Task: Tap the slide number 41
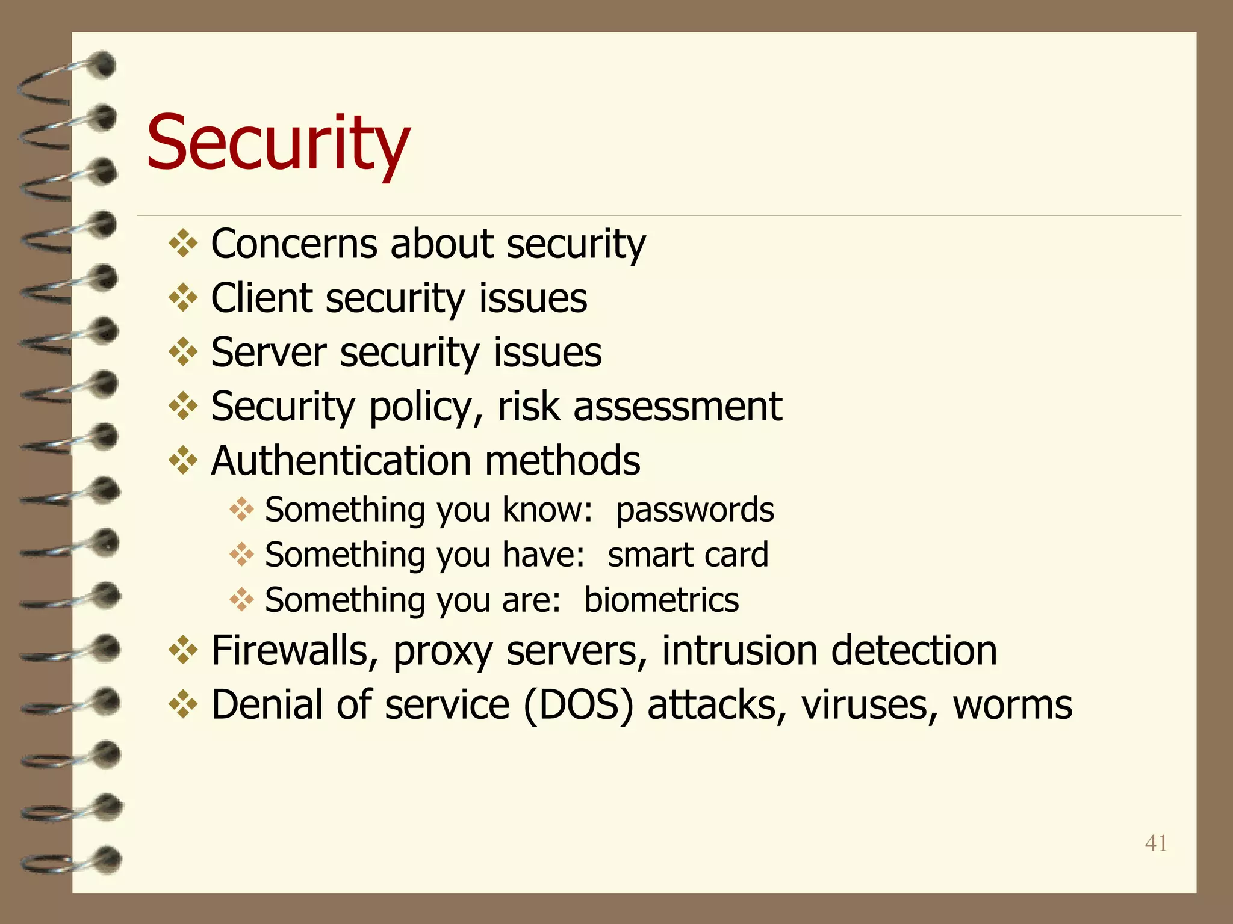point(1156,843)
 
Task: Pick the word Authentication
point(341,461)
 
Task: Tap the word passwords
point(694,510)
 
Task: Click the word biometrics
point(661,600)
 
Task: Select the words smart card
point(688,555)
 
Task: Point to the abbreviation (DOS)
point(579,704)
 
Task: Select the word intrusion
point(739,650)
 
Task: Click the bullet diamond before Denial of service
point(183,705)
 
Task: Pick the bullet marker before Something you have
point(241,555)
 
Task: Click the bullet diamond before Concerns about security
point(183,244)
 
